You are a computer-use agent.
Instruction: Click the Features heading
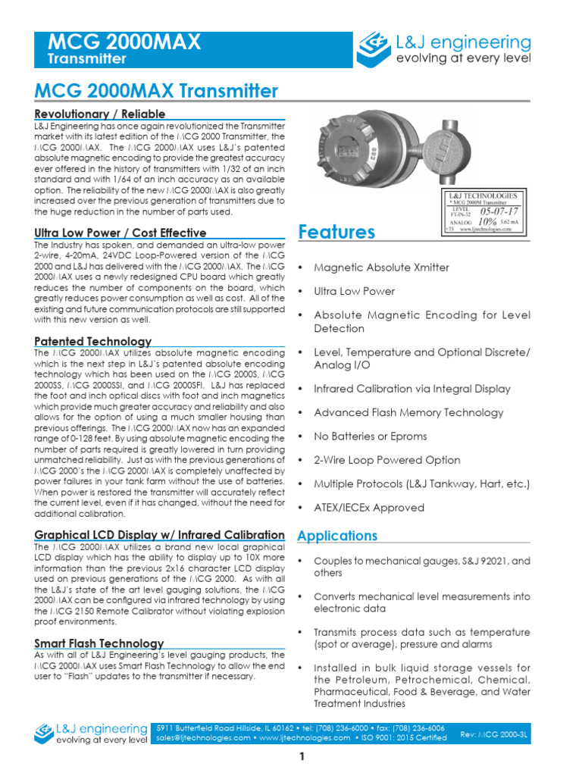point(336,232)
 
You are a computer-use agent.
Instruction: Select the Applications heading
point(337,536)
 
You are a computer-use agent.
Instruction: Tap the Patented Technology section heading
point(93,341)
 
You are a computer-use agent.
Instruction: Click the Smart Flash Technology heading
point(99,643)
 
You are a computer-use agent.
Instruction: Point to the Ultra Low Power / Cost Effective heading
point(120,232)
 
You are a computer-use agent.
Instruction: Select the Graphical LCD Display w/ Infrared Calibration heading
point(160,535)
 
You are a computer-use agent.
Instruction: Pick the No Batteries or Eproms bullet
point(371,436)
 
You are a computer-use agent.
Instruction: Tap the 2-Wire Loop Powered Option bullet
point(387,460)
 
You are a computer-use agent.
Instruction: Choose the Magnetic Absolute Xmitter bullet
point(381,268)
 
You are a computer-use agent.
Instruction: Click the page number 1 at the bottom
point(302,756)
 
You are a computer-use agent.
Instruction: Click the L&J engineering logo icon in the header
point(374,48)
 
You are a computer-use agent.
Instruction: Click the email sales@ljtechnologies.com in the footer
point(202,737)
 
